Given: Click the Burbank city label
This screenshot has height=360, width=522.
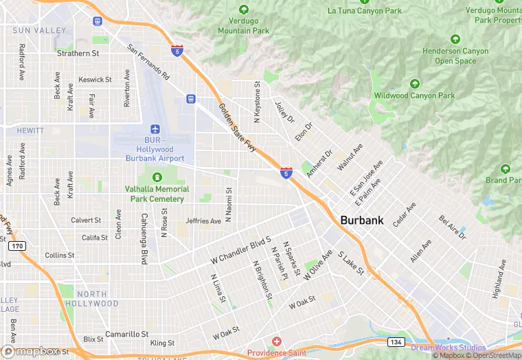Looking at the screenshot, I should [x=362, y=221].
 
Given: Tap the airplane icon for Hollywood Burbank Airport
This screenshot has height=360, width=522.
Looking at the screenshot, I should [x=155, y=129].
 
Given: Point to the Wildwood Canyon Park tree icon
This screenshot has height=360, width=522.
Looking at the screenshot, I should [x=414, y=84].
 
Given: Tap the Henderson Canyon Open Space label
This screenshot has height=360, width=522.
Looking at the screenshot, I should [x=455, y=56].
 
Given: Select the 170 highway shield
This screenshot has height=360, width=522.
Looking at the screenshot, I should [x=19, y=246].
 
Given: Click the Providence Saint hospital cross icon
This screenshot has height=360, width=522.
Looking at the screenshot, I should [x=277, y=341].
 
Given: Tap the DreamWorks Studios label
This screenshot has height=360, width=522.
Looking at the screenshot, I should [x=449, y=348].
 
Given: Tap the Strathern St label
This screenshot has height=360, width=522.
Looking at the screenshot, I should [x=78, y=53].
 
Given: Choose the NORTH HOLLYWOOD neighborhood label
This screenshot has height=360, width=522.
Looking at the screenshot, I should [x=91, y=299].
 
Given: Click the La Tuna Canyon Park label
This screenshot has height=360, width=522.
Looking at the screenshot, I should [x=364, y=10].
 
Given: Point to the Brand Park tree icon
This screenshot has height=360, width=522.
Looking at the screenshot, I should [x=506, y=168].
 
